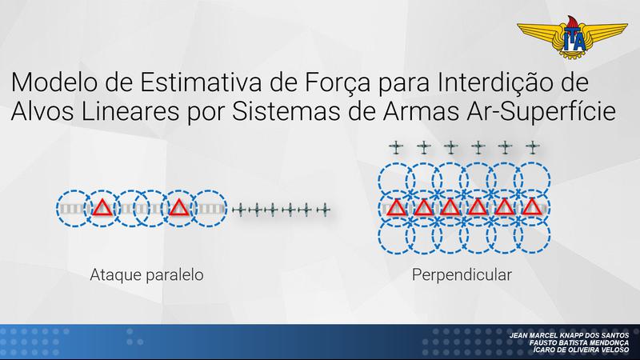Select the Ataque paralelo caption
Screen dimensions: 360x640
[146, 274]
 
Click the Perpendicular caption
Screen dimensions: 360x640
[462, 274]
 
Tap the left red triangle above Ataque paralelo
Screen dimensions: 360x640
[102, 209]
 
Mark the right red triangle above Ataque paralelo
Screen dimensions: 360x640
[178, 209]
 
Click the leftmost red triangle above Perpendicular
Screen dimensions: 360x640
[395, 209]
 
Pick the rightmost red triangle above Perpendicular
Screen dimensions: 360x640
[531, 209]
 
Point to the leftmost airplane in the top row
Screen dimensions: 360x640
[395, 146]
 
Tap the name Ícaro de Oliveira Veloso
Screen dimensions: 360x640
[578, 350]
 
